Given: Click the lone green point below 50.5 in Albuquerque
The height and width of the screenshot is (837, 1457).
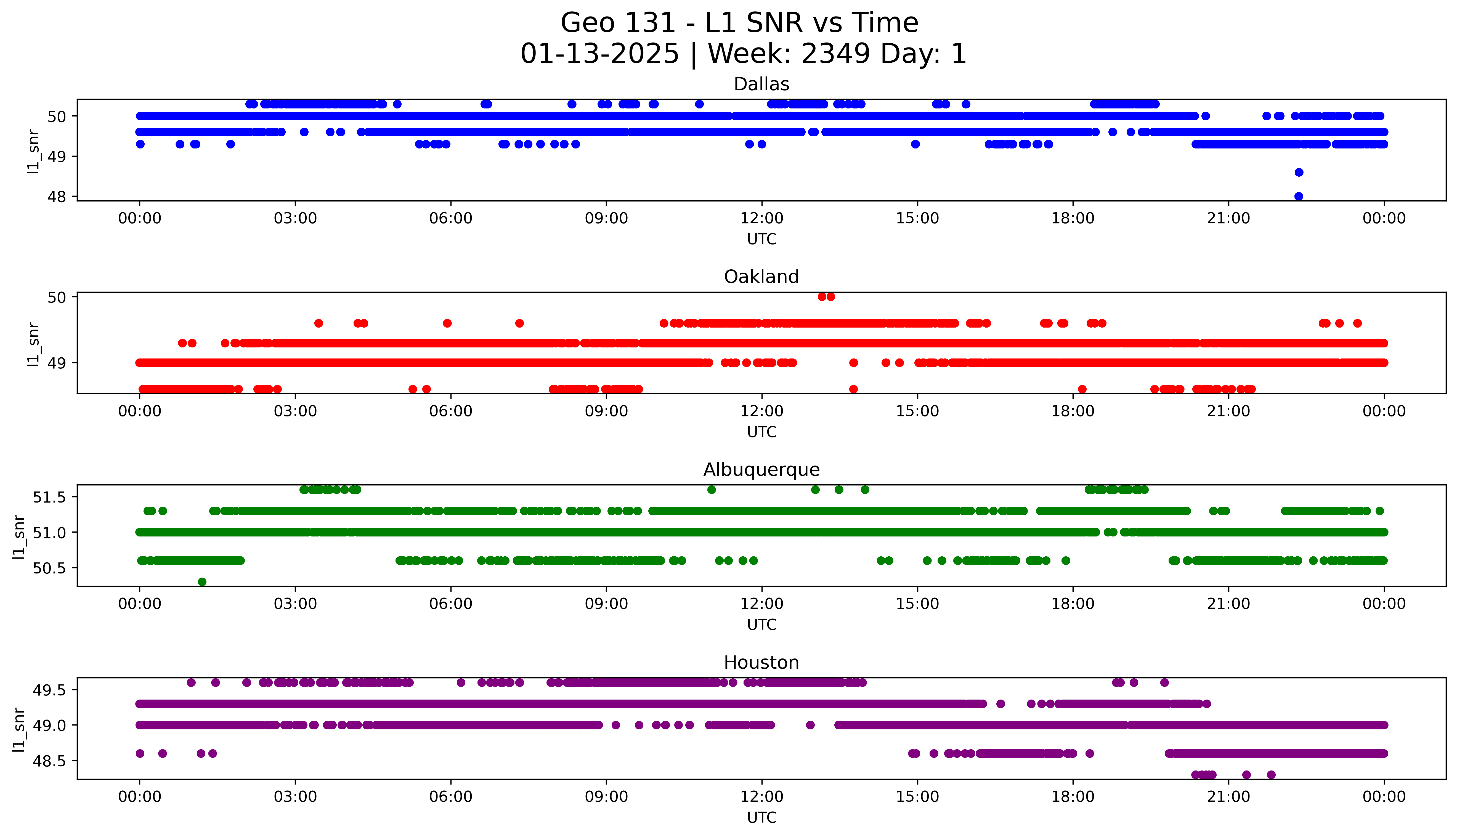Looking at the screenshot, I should pos(202,582).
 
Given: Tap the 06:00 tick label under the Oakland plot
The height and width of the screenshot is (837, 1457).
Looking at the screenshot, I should pos(451,411).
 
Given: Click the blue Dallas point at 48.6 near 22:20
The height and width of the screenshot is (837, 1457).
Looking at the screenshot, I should pos(1298,172).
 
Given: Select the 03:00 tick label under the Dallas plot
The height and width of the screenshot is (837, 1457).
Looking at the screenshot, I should pos(295,219).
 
